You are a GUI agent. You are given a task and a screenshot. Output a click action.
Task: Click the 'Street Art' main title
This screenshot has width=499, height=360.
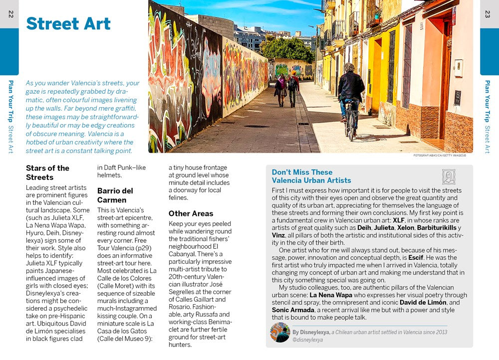68,23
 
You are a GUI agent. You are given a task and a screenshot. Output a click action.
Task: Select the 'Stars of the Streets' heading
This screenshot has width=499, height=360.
47,173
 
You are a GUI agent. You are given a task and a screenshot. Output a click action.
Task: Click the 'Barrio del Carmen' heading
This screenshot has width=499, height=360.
115,195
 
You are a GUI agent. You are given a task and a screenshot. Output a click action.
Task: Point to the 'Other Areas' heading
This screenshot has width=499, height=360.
191,213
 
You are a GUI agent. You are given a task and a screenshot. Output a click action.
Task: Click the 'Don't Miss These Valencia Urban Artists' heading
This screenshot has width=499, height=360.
311,177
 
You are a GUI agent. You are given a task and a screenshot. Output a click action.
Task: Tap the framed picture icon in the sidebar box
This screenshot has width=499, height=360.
449,177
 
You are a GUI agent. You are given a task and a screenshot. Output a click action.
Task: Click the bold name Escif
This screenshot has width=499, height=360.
416,258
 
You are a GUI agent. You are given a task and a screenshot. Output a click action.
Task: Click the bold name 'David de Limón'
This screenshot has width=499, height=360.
423,302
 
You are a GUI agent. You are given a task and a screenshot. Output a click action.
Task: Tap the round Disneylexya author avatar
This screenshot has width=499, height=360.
280,333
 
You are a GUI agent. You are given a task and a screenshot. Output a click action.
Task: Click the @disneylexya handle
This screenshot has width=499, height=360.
307,340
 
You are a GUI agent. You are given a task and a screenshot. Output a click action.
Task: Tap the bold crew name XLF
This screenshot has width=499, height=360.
399,220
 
